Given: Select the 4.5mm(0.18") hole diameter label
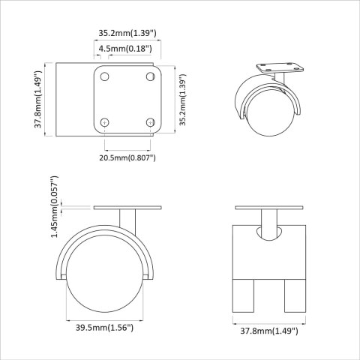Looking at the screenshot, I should tap(125, 49).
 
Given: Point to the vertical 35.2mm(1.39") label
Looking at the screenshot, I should tap(182, 100).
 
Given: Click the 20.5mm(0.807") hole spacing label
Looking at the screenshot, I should tap(127, 157).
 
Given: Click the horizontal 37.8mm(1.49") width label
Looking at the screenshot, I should tap(268, 329).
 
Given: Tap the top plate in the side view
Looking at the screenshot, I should tap(127, 208).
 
